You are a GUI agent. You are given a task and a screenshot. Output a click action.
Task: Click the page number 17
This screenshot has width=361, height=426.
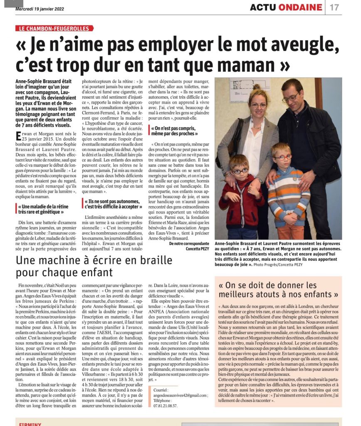pyautogui.click(x=334, y=7)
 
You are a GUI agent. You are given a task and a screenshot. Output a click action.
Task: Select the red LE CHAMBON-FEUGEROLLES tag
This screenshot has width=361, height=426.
pyautogui.click(x=54, y=28)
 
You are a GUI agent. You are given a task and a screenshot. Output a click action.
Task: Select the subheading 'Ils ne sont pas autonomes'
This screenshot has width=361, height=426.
pyautogui.click(x=112, y=204)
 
